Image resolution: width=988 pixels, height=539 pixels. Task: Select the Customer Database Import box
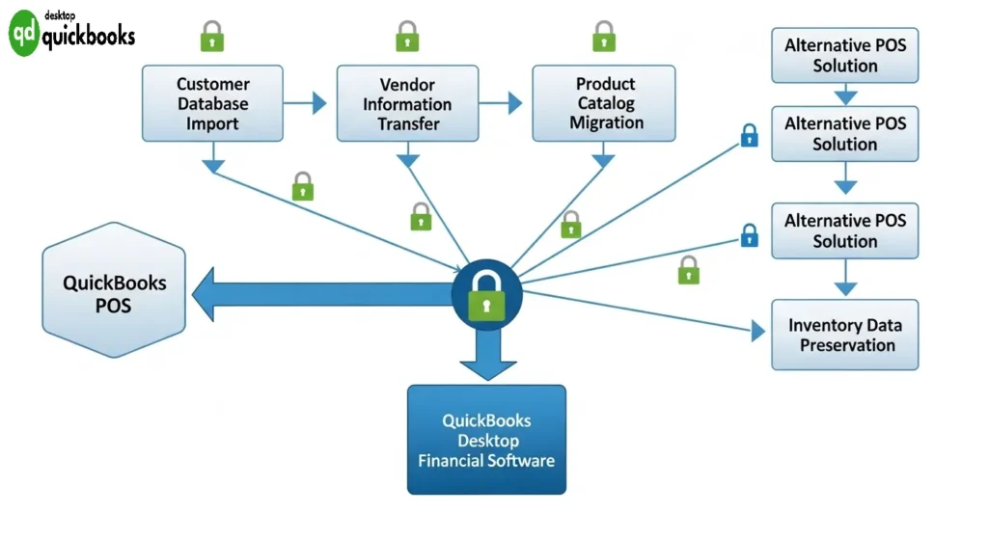pyautogui.click(x=213, y=103)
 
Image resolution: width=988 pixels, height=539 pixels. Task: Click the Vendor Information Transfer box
pyautogui.click(x=407, y=103)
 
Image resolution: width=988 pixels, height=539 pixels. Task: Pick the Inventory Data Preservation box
pyautogui.click(x=844, y=335)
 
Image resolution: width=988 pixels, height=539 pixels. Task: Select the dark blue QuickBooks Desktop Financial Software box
pyautogui.click(x=486, y=440)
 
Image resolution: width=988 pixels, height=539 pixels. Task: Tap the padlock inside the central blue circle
pyautogui.click(x=486, y=302)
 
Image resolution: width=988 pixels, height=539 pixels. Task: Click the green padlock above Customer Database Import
pyautogui.click(x=212, y=38)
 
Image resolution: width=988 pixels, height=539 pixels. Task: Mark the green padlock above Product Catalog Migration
pyautogui.click(x=604, y=38)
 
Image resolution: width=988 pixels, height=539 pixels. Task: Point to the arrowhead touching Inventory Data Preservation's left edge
pyautogui.click(x=758, y=333)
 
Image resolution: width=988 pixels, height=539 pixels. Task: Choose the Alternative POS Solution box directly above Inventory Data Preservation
pyautogui.click(x=844, y=230)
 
